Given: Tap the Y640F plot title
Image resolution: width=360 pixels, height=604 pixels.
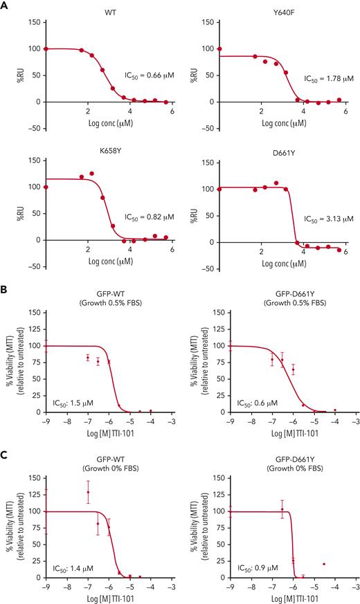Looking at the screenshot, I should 283,12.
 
